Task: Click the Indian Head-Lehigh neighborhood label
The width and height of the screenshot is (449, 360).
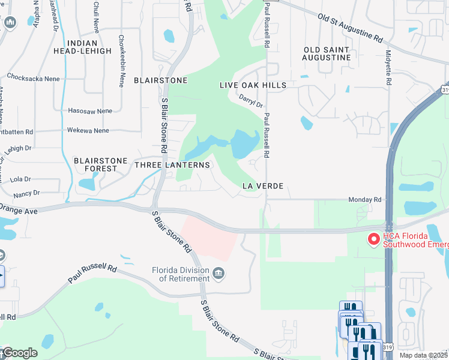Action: point(90,47)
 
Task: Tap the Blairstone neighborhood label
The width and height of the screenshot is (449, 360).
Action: point(161,80)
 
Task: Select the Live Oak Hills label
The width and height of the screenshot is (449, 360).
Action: point(253,85)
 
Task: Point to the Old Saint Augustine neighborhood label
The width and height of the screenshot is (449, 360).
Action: point(327,53)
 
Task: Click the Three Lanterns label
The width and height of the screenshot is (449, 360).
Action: point(172,164)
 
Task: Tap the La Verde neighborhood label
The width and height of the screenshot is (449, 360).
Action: point(262,186)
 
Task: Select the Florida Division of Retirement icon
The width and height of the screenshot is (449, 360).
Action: point(219,274)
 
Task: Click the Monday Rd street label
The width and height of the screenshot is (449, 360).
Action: point(365,199)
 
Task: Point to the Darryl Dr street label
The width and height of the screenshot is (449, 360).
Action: point(251,102)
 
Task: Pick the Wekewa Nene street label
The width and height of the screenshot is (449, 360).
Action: point(88,130)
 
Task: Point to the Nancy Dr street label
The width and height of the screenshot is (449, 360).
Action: point(26,193)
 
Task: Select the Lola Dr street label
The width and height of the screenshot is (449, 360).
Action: point(20,179)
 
